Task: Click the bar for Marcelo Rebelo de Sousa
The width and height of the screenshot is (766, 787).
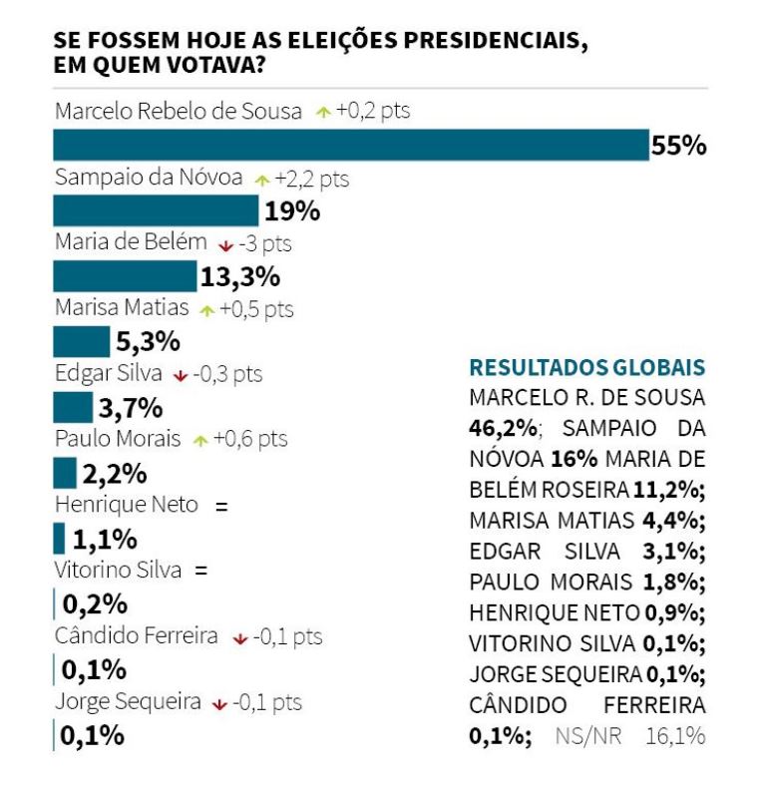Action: pyautogui.click(x=350, y=145)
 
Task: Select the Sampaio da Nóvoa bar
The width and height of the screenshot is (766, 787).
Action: pyautogui.click(x=155, y=210)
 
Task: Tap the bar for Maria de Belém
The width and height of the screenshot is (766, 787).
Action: pyautogui.click(x=125, y=276)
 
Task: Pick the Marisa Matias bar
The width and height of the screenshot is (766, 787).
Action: pyautogui.click(x=81, y=341)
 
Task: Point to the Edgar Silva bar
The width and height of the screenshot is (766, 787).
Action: pyautogui.click(x=72, y=407)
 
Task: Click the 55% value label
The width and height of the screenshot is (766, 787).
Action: pyautogui.click(x=678, y=146)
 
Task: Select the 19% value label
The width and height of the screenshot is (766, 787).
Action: pyautogui.click(x=291, y=211)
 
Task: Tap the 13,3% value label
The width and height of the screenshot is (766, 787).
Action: pyautogui.click(x=240, y=277)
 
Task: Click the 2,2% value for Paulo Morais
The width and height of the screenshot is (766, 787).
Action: pyautogui.click(x=115, y=473)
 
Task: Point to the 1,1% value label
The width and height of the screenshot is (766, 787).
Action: pyautogui.click(x=104, y=539)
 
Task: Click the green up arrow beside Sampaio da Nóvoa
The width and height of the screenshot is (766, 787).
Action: pyautogui.click(x=262, y=180)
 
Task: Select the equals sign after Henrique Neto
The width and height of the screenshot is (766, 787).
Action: pyautogui.click(x=221, y=506)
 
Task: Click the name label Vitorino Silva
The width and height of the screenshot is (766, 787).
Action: pyautogui.click(x=118, y=571)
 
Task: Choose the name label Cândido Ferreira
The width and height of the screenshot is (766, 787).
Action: pyautogui.click(x=136, y=635)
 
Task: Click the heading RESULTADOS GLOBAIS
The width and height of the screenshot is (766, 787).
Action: pyautogui.click(x=586, y=366)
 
